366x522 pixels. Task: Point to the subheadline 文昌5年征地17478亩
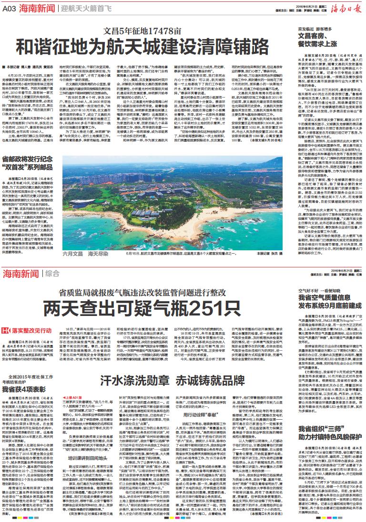click(x=143, y=31)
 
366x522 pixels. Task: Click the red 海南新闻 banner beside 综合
click(x=21, y=273)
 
